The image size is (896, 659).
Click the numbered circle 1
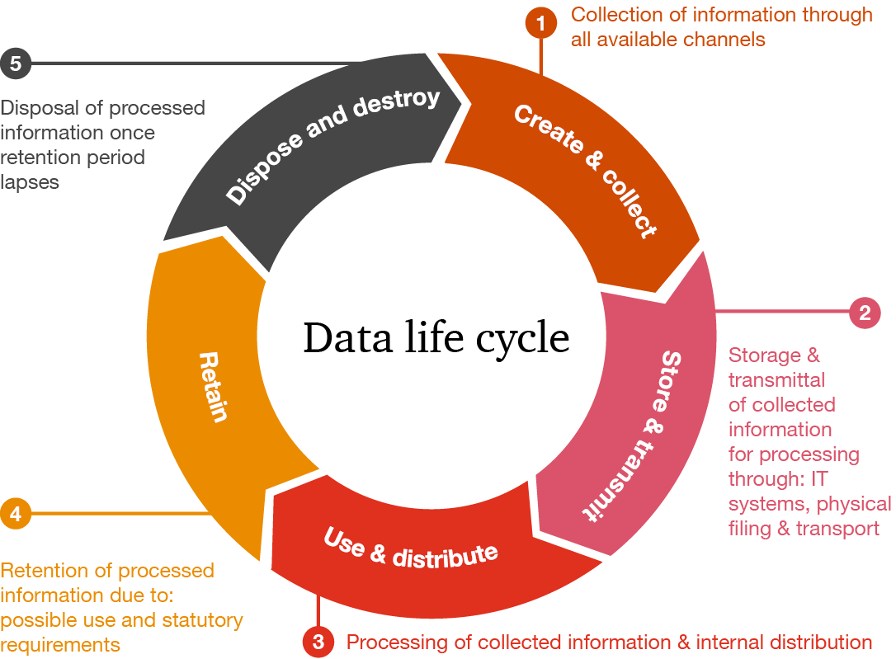(x=540, y=24)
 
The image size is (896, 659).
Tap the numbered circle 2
(x=865, y=313)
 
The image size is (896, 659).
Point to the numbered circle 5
(x=16, y=63)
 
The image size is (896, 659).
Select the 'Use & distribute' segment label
(x=410, y=548)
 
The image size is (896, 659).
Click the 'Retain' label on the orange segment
(x=213, y=387)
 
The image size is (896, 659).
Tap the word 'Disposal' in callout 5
(x=38, y=108)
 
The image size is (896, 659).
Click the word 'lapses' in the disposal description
(x=30, y=182)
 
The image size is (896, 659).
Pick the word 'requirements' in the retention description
(x=60, y=644)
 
